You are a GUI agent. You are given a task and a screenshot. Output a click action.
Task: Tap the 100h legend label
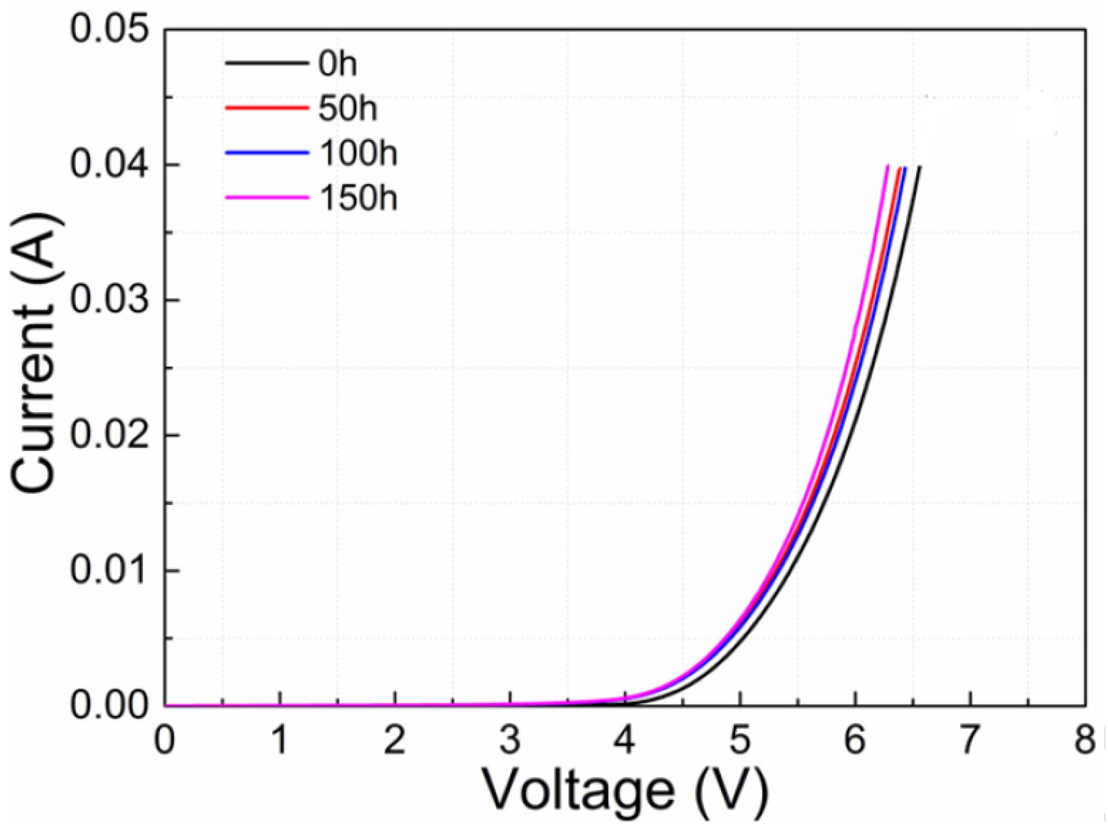coord(358,152)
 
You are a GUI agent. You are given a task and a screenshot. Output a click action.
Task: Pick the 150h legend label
coord(358,197)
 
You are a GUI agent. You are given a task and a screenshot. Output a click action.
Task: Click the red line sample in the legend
coord(267,107)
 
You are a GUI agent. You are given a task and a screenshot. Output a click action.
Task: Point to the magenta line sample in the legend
coord(267,197)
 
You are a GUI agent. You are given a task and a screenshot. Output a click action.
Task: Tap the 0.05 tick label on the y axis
coord(110,29)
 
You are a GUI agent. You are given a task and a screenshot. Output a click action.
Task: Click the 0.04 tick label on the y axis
coord(110,165)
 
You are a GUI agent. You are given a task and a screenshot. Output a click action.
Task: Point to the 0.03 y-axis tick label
coord(110,300)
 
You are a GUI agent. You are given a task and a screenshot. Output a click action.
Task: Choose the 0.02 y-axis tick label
coord(110,435)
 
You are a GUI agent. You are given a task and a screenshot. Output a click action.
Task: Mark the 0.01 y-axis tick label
coord(110,571)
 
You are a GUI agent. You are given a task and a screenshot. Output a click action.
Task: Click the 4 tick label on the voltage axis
coord(625,741)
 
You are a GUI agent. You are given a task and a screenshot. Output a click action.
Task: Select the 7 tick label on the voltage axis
coord(970,741)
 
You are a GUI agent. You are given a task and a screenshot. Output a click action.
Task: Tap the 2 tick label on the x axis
coord(394,741)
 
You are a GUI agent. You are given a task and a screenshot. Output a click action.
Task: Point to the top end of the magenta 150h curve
coord(887,166)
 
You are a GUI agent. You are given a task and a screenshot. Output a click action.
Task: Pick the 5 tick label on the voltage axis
coord(739,741)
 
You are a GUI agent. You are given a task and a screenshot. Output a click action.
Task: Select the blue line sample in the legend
coord(267,152)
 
